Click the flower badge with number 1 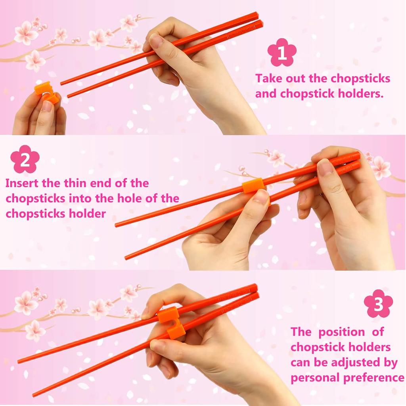coord(282,52)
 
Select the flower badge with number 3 coord(378,304)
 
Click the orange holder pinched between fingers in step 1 coord(46,93)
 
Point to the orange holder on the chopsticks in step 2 coord(253,186)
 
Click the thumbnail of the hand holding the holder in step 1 coord(47,106)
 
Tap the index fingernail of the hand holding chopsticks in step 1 coord(156,41)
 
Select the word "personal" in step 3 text coord(315,377)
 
